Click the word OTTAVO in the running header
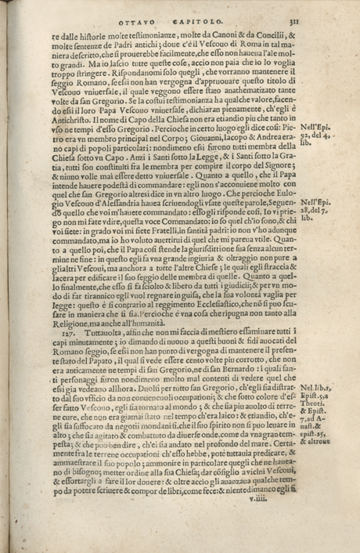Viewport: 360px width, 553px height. [138, 23]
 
